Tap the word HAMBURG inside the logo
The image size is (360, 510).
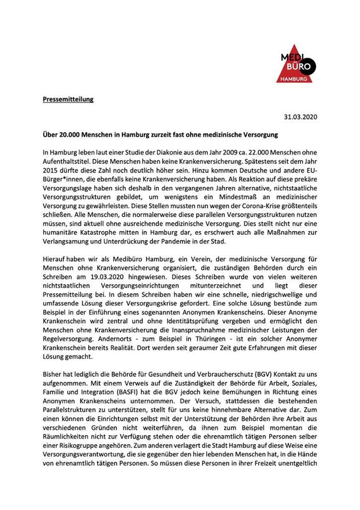pyautogui.click(x=296, y=78)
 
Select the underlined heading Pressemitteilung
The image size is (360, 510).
pyautogui.click(x=68, y=99)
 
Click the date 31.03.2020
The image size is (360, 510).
pyautogui.click(x=301, y=117)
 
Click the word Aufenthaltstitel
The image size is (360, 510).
pyautogui.click(x=68, y=163)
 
